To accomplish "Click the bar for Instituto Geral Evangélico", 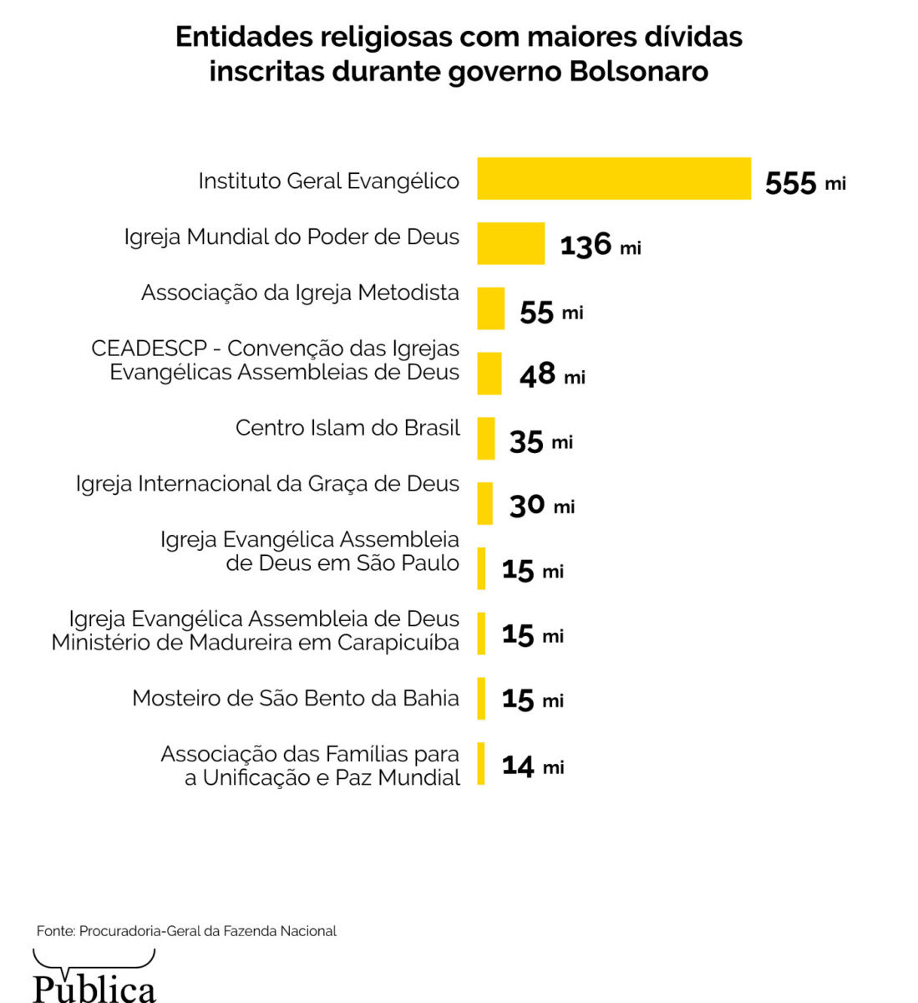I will pyautogui.click(x=614, y=179).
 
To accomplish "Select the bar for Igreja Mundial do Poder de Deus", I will pyautogui.click(x=510, y=243).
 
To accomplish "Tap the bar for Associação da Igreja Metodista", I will pyautogui.click(x=491, y=308).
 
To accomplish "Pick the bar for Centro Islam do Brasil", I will pyautogui.click(x=486, y=438).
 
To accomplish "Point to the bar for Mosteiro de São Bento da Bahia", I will pyautogui.click(x=481, y=698).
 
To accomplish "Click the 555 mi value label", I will pyautogui.click(x=804, y=183).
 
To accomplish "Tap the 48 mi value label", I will pyautogui.click(x=551, y=375).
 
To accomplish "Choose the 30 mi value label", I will pyautogui.click(x=541, y=506).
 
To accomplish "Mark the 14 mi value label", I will pyautogui.click(x=532, y=766).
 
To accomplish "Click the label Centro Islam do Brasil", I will pyautogui.click(x=347, y=428).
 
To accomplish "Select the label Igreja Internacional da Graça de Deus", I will pyautogui.click(x=267, y=484).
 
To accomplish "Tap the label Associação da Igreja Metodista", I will pyautogui.click(x=300, y=293).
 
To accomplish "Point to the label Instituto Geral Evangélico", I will pyautogui.click(x=328, y=181).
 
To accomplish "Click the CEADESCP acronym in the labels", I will pyautogui.click(x=149, y=349).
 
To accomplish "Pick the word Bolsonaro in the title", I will pyautogui.click(x=639, y=72).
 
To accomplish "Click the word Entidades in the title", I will pyautogui.click(x=243, y=38).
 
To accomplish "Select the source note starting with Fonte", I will pyautogui.click(x=186, y=931).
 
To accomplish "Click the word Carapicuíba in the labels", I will pyautogui.click(x=398, y=643).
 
